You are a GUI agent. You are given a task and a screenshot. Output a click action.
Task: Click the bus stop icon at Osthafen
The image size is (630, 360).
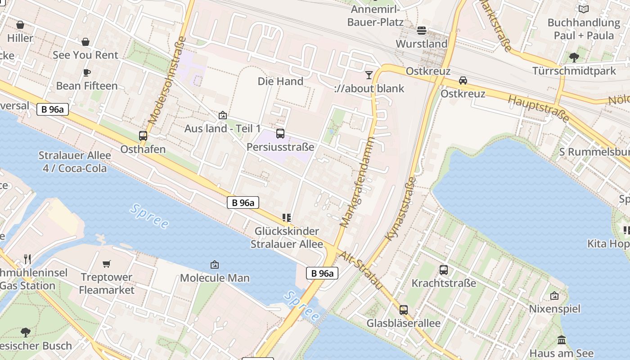click(x=143, y=135)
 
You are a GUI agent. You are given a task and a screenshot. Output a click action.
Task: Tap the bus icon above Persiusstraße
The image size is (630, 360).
click(x=280, y=133)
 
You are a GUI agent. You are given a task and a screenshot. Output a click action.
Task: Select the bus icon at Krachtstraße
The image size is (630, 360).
click(x=444, y=270)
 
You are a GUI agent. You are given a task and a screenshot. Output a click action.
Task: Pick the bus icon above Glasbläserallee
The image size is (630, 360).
click(x=404, y=310)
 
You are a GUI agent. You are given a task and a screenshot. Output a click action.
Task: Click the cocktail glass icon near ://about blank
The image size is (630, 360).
click(x=369, y=75)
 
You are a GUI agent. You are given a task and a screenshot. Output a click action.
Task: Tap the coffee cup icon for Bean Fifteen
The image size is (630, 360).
click(x=87, y=72)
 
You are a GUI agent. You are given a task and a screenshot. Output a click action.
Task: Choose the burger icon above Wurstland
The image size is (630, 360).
click(x=422, y=30)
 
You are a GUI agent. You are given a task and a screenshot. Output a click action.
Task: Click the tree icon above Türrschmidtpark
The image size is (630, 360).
click(x=574, y=57)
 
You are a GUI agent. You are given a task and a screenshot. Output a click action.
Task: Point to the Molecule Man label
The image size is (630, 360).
click(x=215, y=278)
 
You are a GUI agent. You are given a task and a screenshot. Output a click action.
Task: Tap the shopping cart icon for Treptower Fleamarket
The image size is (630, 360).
click(x=107, y=264)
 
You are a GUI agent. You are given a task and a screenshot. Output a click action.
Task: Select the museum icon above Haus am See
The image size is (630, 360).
click(x=561, y=340)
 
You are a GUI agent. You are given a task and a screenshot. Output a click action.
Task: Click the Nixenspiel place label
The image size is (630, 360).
click(x=554, y=309)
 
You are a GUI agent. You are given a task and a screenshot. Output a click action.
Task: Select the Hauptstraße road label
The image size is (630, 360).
click(x=539, y=108)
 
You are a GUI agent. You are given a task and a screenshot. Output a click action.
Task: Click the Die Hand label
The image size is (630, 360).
click(x=280, y=81)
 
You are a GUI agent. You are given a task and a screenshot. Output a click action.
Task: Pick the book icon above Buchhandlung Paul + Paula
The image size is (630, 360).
click(x=584, y=9)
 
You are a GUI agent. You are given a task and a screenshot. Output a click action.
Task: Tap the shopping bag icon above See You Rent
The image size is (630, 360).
click(x=85, y=42)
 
